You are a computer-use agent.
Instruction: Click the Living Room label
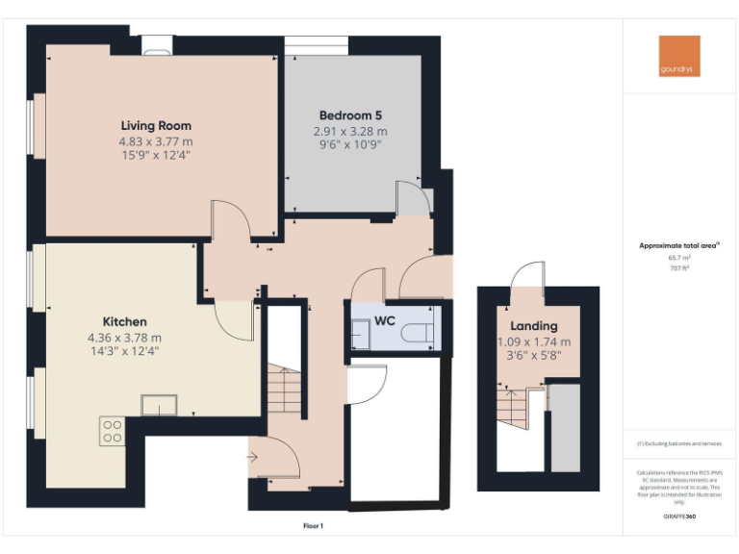(x=156, y=125)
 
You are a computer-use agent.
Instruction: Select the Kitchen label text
(x=124, y=321)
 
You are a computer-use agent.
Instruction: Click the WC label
(x=385, y=319)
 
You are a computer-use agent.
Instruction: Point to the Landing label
(x=534, y=326)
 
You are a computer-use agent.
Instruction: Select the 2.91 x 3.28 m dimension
(x=350, y=131)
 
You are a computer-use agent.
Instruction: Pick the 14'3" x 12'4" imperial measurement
(x=124, y=351)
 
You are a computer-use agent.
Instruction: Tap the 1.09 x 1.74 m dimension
(x=534, y=341)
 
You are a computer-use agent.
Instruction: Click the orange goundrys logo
(x=679, y=56)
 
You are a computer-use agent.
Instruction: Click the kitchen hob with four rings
(x=112, y=431)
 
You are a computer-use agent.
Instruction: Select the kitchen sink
(x=159, y=405)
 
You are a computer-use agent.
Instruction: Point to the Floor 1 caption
(x=313, y=525)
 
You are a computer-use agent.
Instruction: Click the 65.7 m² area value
(x=679, y=258)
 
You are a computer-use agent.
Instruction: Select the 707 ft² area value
(x=679, y=268)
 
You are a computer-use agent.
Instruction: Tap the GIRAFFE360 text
(x=679, y=517)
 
